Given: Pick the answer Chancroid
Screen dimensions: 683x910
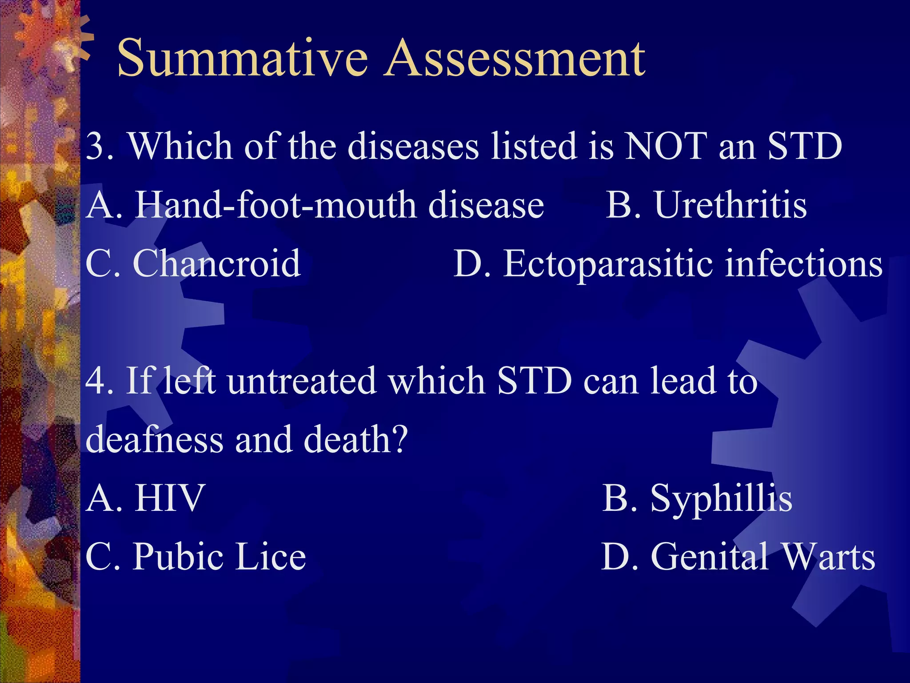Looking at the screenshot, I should (217, 264).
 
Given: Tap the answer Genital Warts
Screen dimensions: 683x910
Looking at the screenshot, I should (762, 557).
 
